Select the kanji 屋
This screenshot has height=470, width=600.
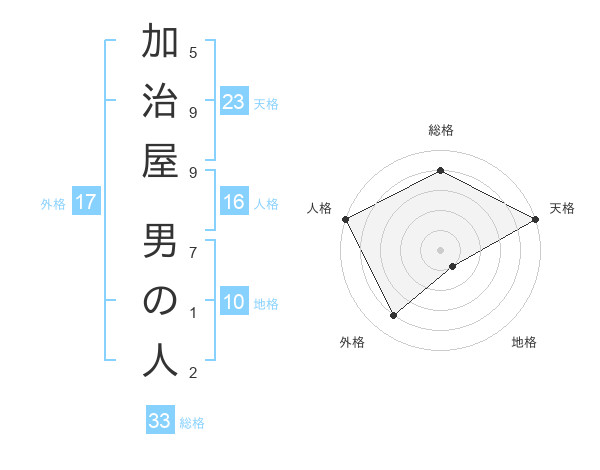tap(160, 160)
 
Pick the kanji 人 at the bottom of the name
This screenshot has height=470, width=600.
tap(160, 361)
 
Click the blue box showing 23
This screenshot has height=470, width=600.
tap(234, 101)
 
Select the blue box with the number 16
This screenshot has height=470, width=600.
tap(234, 203)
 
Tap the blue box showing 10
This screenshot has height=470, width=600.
tap(234, 303)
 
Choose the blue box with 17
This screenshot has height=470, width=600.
tap(86, 203)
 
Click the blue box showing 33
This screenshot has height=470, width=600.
tap(160, 421)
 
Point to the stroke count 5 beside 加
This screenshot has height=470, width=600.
tap(193, 52)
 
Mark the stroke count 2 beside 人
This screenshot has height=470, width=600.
tap(193, 374)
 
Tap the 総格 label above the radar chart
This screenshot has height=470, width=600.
tap(441, 130)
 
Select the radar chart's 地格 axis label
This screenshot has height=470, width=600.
tap(524, 343)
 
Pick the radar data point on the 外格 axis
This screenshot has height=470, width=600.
tap(394, 316)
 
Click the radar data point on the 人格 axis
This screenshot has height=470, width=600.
tap(345, 218)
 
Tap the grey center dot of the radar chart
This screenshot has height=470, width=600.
tap(441, 249)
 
